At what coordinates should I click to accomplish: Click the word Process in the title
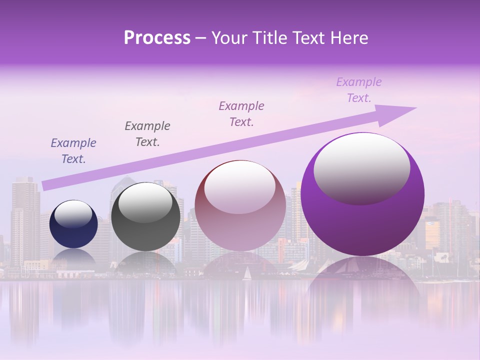[157, 38]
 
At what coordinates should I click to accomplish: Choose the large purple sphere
[362, 220]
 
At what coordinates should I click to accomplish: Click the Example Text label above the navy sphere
[73, 151]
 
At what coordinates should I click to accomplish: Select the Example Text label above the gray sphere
[147, 134]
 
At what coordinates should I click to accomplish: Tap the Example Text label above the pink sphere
[241, 113]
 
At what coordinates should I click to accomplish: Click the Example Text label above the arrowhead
[359, 90]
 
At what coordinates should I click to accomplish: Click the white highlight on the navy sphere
[73, 214]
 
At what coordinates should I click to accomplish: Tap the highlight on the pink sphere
[240, 187]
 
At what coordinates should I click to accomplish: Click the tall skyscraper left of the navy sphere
[25, 220]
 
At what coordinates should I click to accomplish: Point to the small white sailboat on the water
[246, 274]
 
